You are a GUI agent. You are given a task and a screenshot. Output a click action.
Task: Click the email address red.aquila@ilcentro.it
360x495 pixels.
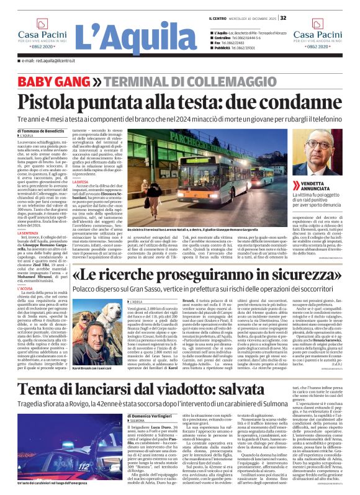coord(50,61)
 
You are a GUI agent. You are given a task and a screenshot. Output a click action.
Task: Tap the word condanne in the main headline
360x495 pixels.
coord(291,100)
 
